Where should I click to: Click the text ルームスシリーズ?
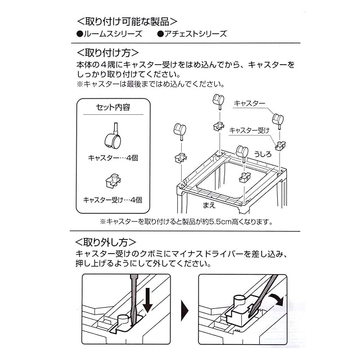tap(109, 34)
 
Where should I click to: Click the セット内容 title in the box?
tap(112, 107)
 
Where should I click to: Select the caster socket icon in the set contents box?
tap(112, 181)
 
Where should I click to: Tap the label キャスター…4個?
tap(112, 157)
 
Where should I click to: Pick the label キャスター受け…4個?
tap(112, 200)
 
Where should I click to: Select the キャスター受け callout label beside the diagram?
tap(249, 130)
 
